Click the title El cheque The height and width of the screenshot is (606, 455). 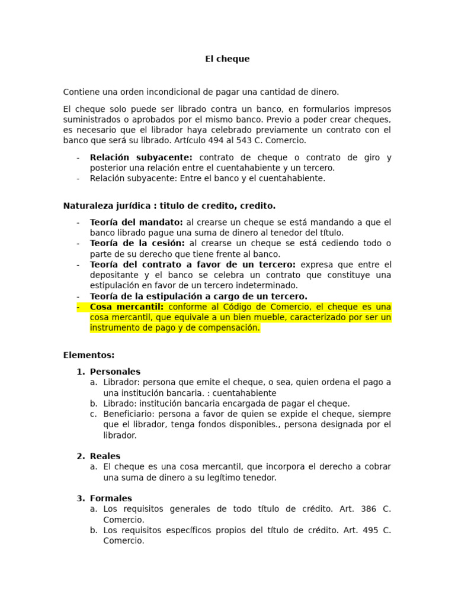(227, 59)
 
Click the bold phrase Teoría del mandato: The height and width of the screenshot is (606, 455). (136, 222)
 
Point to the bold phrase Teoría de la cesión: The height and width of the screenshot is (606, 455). (137, 243)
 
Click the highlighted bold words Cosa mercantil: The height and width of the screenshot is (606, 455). (127, 307)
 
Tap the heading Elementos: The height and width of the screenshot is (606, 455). (88, 355)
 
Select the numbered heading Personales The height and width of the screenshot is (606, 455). (115, 372)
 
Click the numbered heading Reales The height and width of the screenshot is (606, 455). (105, 456)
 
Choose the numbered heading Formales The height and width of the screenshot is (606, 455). (111, 498)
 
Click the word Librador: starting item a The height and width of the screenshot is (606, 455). (121, 382)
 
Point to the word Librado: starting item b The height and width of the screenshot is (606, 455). (120, 404)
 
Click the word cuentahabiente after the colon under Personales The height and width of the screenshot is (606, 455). (245, 393)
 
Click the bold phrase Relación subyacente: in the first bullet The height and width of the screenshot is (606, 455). (141, 157)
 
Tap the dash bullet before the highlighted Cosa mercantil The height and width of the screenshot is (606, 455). (78, 307)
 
